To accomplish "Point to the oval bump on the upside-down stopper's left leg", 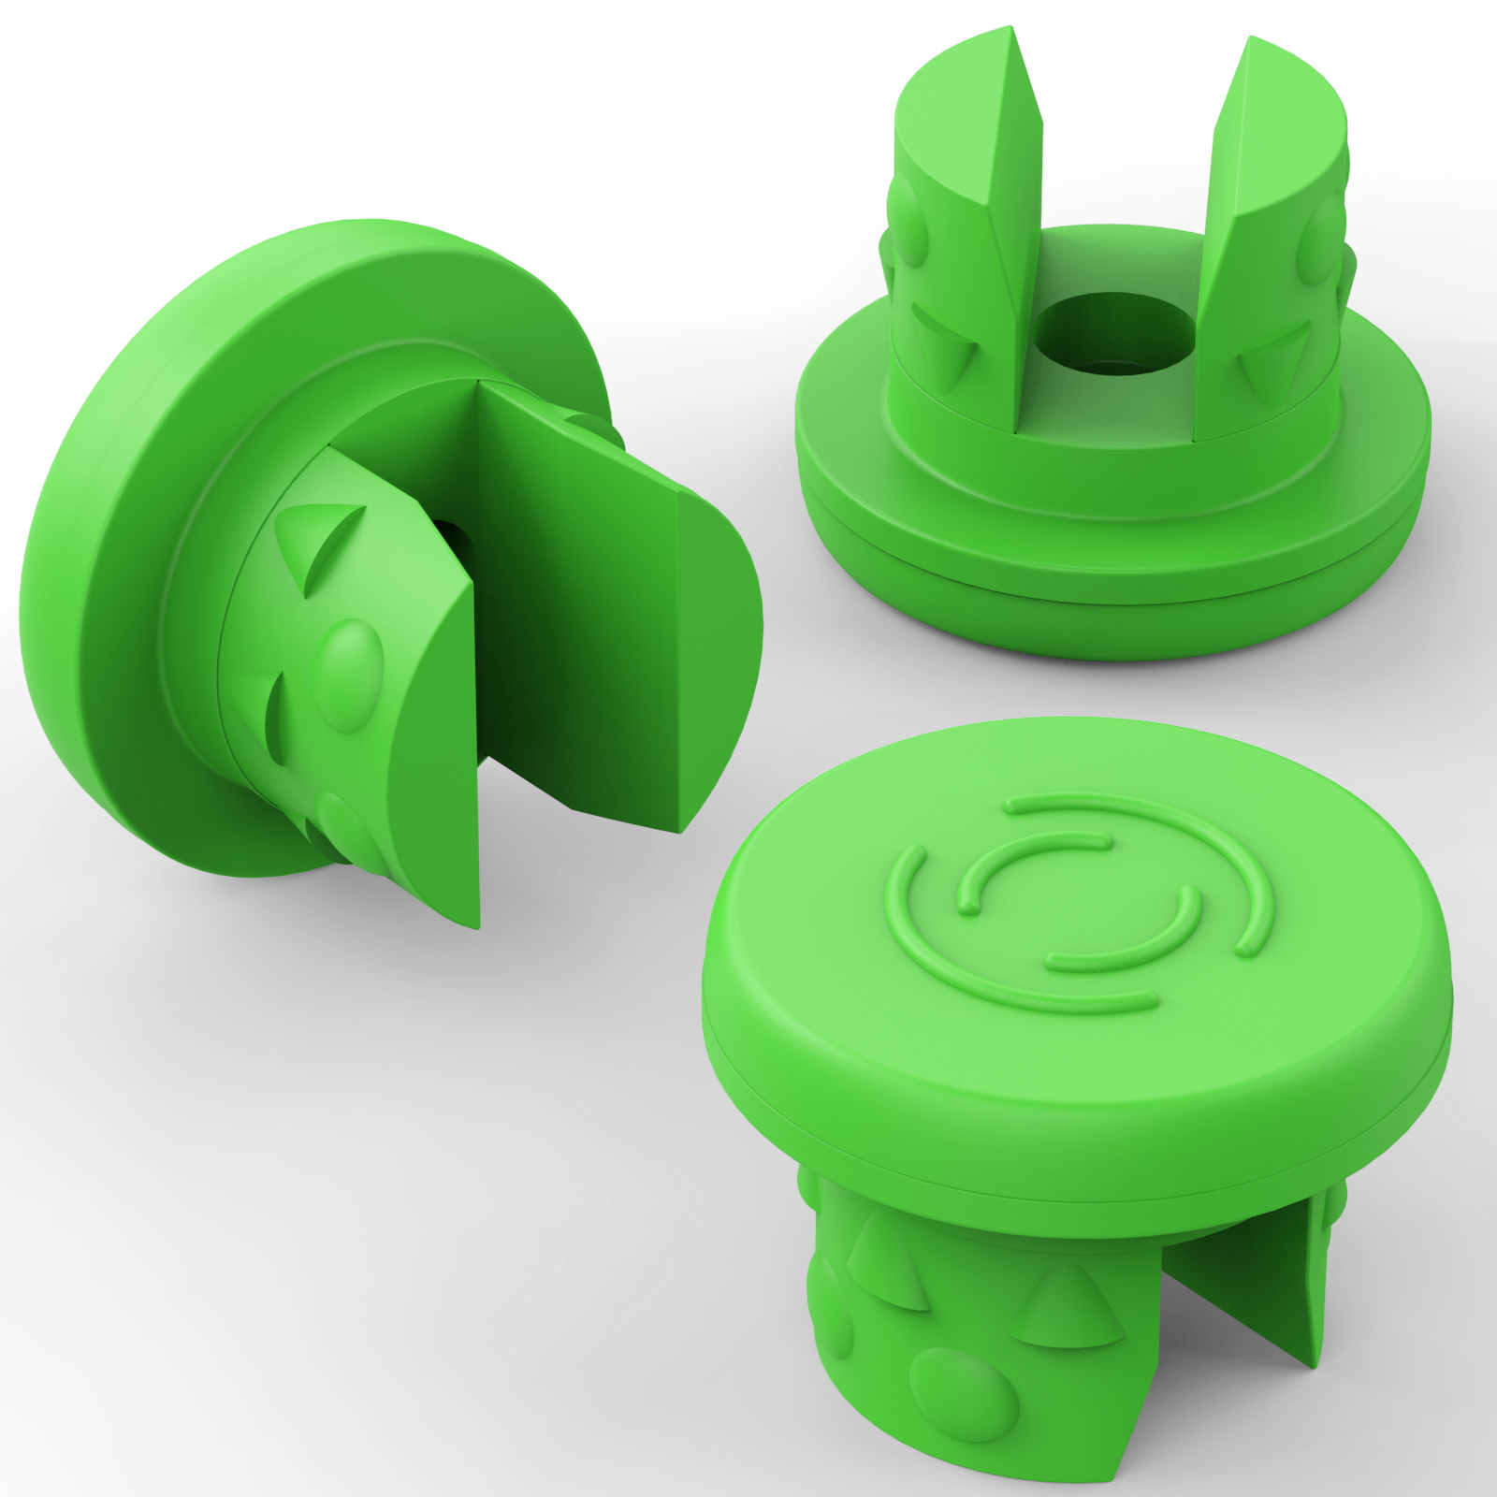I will [908, 221].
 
